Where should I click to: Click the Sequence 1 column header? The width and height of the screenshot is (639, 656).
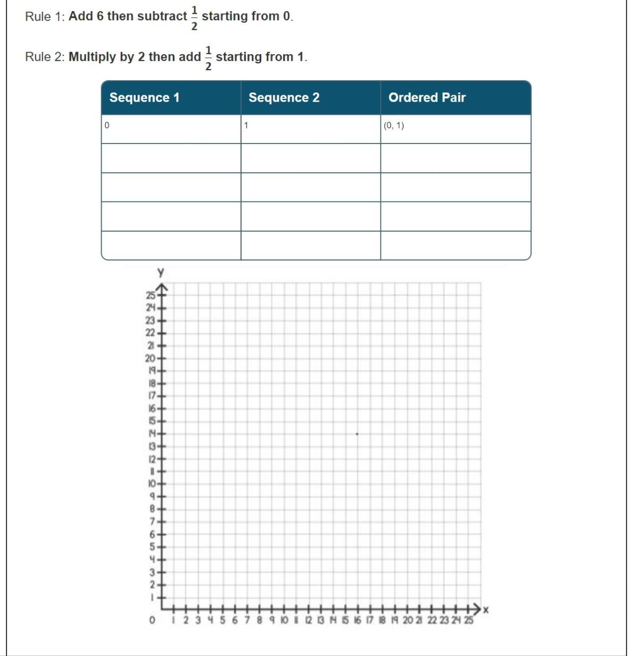pyautogui.click(x=144, y=98)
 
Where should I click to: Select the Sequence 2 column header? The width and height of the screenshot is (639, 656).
pyautogui.click(x=284, y=98)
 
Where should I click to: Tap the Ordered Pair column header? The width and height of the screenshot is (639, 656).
pyautogui.click(x=427, y=98)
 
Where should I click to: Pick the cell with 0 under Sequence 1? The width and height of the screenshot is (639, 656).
pyautogui.click(x=171, y=129)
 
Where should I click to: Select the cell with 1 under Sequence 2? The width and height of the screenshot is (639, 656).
pyautogui.click(x=310, y=129)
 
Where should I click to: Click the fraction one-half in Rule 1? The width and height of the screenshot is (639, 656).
pyautogui.click(x=194, y=18)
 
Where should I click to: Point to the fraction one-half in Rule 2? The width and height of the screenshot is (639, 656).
pyautogui.click(x=208, y=58)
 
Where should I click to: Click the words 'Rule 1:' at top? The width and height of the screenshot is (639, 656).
pyautogui.click(x=45, y=16)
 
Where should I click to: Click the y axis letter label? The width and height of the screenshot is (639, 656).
pyautogui.click(x=161, y=273)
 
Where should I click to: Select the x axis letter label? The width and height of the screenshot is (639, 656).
pyautogui.click(x=485, y=609)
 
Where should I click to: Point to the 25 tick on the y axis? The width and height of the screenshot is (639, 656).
pyautogui.click(x=151, y=295)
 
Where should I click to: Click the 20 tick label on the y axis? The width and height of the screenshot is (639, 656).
pyautogui.click(x=150, y=358)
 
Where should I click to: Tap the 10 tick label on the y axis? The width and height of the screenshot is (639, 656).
pyautogui.click(x=152, y=484)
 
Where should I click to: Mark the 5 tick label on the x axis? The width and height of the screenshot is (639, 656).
pyautogui.click(x=222, y=620)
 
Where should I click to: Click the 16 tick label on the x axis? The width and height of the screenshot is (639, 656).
pyautogui.click(x=358, y=620)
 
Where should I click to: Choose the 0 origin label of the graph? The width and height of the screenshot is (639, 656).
pyautogui.click(x=152, y=620)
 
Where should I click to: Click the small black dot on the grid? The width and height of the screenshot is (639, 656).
pyautogui.click(x=357, y=434)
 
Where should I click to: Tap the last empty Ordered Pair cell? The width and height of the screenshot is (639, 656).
pyautogui.click(x=455, y=246)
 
